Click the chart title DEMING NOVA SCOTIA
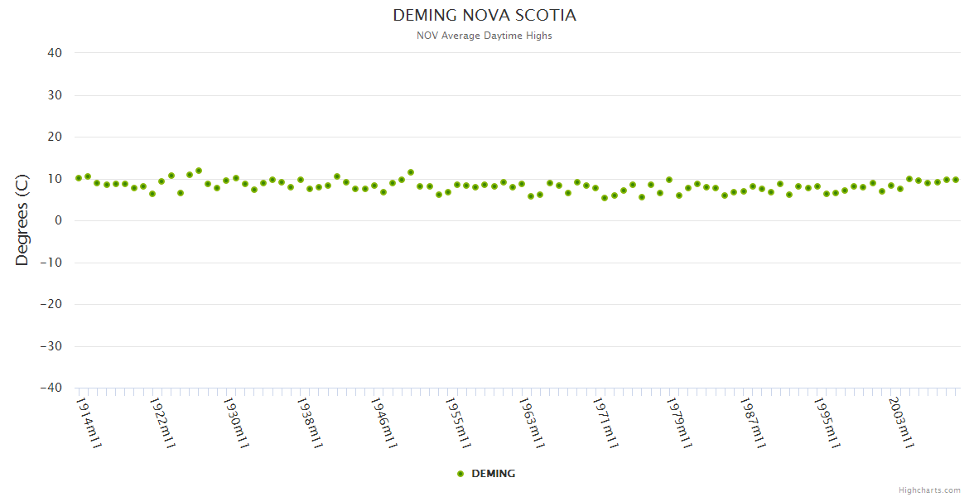[x=485, y=16]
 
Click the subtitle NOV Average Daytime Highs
[x=485, y=36]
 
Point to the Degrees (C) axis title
[x=22, y=220]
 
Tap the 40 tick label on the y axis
[x=55, y=53]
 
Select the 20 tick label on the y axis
[x=55, y=137]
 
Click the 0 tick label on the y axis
[x=59, y=220]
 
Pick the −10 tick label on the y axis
[x=51, y=263]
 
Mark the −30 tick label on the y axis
[x=51, y=346]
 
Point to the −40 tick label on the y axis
[x=51, y=388]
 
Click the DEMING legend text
[x=494, y=474]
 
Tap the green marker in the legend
[x=460, y=474]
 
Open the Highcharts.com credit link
[x=929, y=490]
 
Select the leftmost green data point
[x=79, y=178]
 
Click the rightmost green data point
[x=956, y=180]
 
